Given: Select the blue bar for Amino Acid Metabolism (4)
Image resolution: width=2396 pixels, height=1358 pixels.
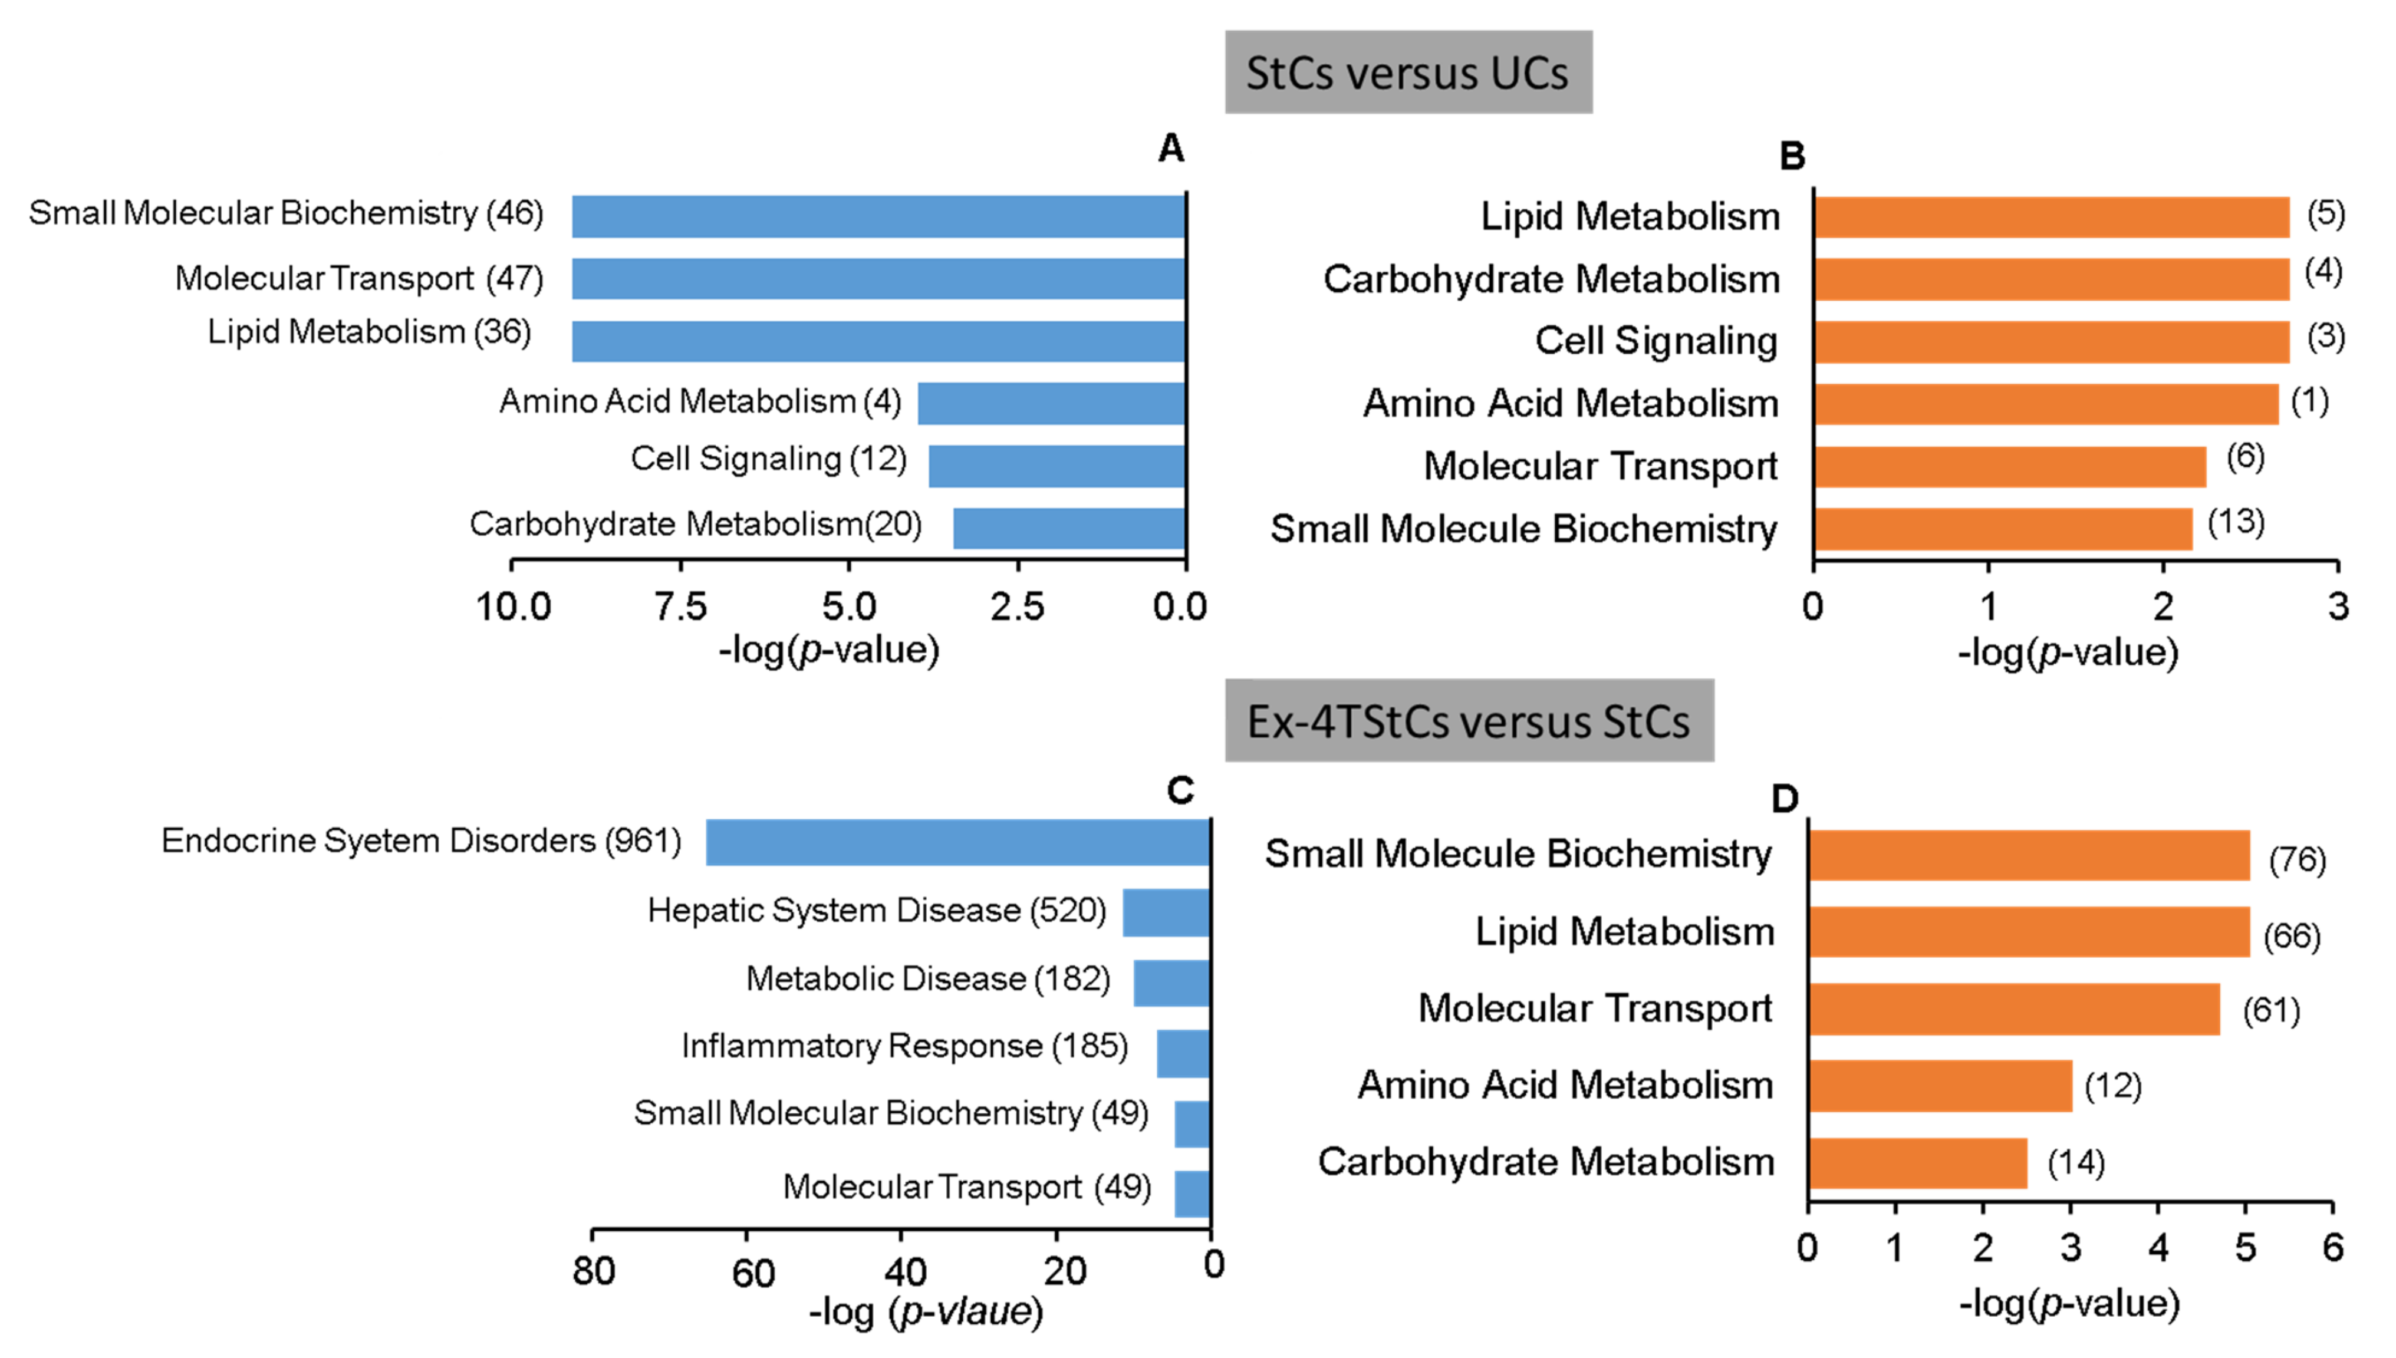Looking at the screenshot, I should [x=1051, y=403].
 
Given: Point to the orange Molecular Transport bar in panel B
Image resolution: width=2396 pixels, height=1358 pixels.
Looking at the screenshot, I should [x=2010, y=466].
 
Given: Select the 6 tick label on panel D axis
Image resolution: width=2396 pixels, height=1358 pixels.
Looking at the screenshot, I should [x=2332, y=1247].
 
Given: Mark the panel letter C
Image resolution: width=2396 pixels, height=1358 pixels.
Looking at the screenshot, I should [x=1180, y=791].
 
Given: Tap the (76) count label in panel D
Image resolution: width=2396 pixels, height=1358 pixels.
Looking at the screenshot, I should [x=2296, y=858].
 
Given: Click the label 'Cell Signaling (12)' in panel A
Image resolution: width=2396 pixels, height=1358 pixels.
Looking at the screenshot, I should [x=768, y=459].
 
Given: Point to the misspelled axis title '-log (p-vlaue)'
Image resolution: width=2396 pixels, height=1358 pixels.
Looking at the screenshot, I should [x=924, y=1311].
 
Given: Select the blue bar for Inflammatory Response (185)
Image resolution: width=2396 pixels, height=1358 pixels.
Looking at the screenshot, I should [x=1183, y=1053].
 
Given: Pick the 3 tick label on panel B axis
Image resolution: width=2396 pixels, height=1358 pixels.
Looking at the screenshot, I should [x=2337, y=607].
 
